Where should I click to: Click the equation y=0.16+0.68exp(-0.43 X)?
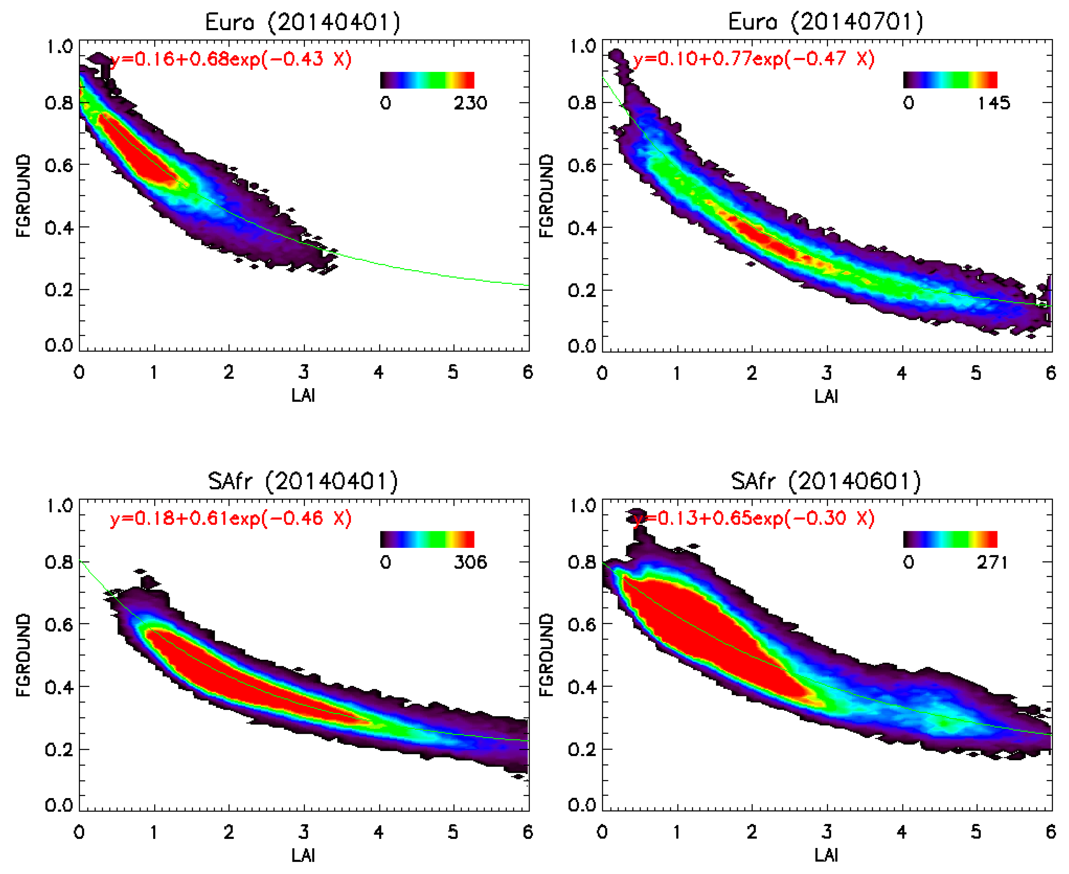[231, 59]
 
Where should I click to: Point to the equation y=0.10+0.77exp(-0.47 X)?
[754, 59]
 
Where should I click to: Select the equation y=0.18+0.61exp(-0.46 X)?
[231, 519]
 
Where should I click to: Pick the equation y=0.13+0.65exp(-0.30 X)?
[754, 519]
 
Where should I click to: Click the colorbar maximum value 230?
[470, 103]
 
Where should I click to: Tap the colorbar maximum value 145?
[993, 103]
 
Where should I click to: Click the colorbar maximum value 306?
[470, 562]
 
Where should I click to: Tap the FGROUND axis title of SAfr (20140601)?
[546, 655]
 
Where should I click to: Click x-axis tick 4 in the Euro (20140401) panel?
[379, 373]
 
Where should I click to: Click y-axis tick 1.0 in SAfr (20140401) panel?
[59, 505]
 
